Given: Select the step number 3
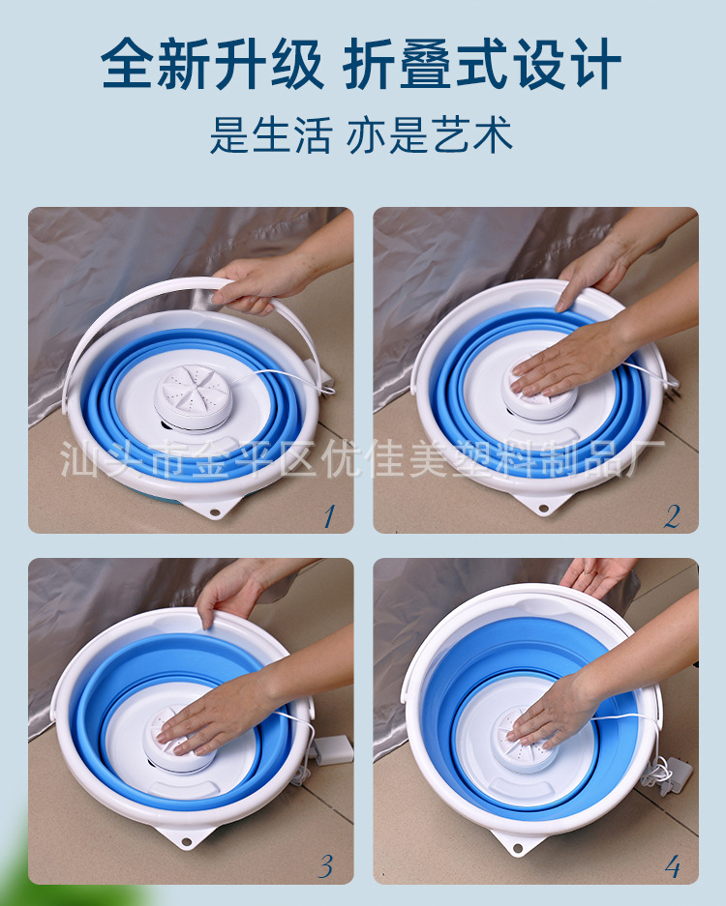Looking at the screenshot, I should point(326,865).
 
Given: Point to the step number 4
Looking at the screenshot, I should point(673,866).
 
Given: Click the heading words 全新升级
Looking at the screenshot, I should point(212,64).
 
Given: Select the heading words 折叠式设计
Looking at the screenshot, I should point(482,64).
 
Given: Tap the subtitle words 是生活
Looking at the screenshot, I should point(270,134).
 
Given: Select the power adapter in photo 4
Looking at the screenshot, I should point(677,774).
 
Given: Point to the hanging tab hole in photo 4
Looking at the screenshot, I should point(519,848).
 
